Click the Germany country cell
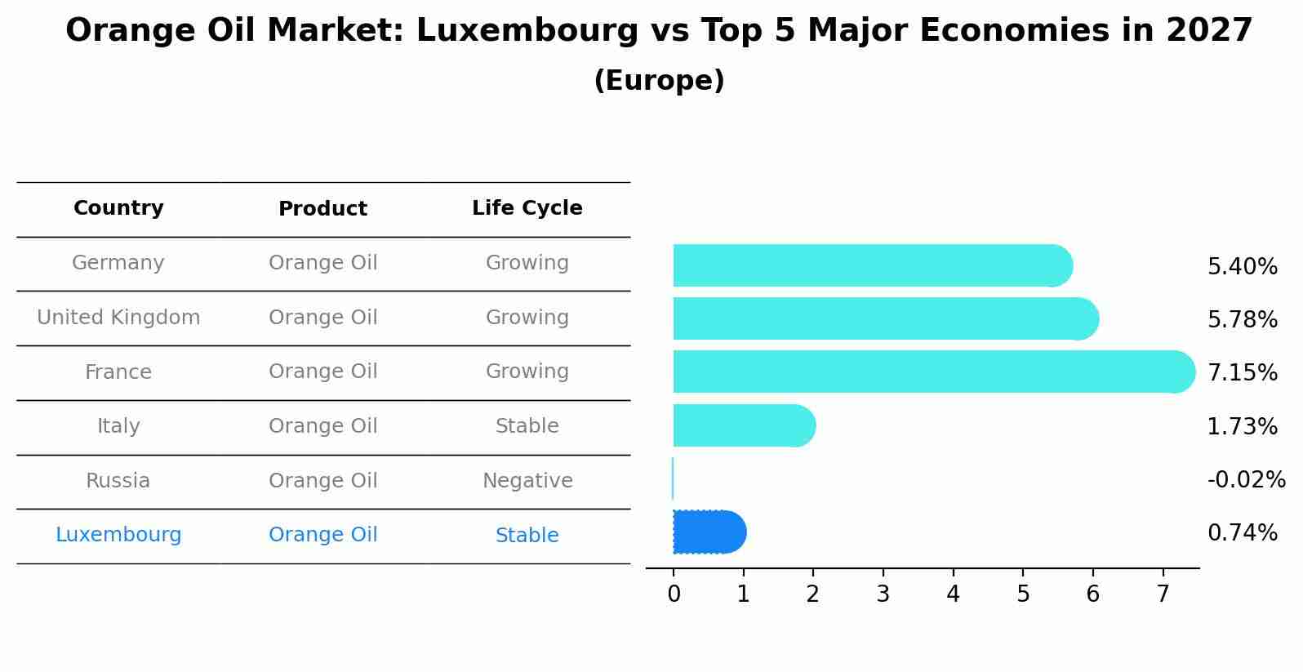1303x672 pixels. coord(118,263)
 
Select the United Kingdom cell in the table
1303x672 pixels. coord(118,318)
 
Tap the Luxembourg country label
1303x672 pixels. coord(118,535)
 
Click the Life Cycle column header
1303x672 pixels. coord(527,208)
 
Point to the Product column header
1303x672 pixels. coord(322,209)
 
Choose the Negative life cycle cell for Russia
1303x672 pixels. coord(527,481)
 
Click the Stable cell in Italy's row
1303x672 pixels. coord(527,426)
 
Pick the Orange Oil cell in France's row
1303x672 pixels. coord(322,372)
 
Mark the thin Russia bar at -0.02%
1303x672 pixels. coord(673,478)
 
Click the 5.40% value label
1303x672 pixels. coord(1242,267)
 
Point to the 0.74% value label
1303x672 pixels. coord(1242,533)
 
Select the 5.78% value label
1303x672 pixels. coord(1242,320)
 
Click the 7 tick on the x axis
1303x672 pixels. coord(1163,594)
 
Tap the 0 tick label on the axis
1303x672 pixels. coord(674,594)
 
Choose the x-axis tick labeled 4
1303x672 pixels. coord(953,594)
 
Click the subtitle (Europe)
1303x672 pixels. coord(659,81)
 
